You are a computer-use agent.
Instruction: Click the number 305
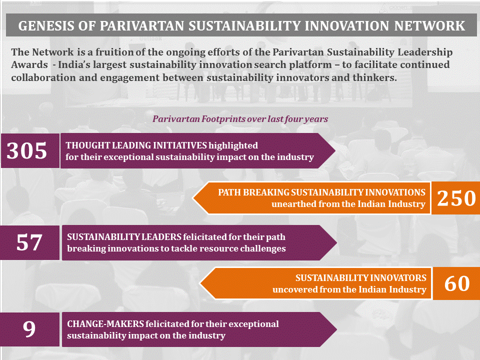pyautogui.click(x=27, y=150)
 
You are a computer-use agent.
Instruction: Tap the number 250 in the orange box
pyautogui.click(x=456, y=198)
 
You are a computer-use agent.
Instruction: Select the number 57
pyautogui.click(x=29, y=243)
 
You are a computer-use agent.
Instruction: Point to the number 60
pyautogui.click(x=457, y=283)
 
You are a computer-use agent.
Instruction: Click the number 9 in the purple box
pyautogui.click(x=29, y=329)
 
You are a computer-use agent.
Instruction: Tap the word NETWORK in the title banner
pyautogui.click(x=429, y=26)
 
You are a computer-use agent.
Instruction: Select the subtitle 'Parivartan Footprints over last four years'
pyautogui.click(x=240, y=119)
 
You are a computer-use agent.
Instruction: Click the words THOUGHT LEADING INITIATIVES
pyautogui.click(x=136, y=145)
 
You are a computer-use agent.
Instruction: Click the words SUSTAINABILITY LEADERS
pyautogui.click(x=124, y=236)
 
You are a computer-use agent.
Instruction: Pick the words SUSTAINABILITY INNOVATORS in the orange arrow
pyautogui.click(x=361, y=277)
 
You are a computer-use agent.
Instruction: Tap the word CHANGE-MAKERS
pyautogui.click(x=105, y=324)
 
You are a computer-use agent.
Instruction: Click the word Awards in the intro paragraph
pyautogui.click(x=29, y=64)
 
